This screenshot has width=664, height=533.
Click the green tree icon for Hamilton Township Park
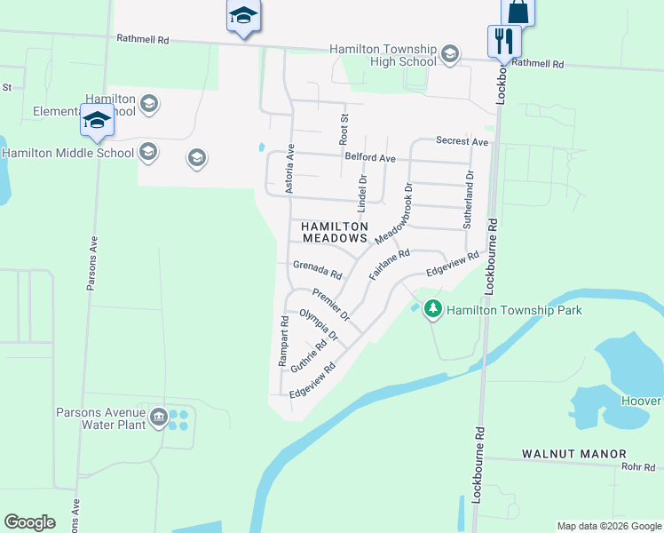[x=432, y=310]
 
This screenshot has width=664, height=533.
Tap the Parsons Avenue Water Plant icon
[x=160, y=418]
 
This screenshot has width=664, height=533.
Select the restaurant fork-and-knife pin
[x=503, y=41]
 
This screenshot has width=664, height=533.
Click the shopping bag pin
[x=518, y=12]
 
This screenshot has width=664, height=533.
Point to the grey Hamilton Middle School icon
[x=148, y=153]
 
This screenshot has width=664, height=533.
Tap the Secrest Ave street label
[x=462, y=142]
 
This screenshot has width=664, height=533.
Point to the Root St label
[x=344, y=129]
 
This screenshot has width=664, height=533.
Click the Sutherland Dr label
[x=468, y=202]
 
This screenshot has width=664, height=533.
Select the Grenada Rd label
[x=317, y=267]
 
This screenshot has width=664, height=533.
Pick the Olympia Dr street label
[x=319, y=325]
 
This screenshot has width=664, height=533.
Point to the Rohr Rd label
[x=637, y=465]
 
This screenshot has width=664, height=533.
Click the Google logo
[x=29, y=522]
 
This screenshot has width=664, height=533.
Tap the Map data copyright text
[x=608, y=526]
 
